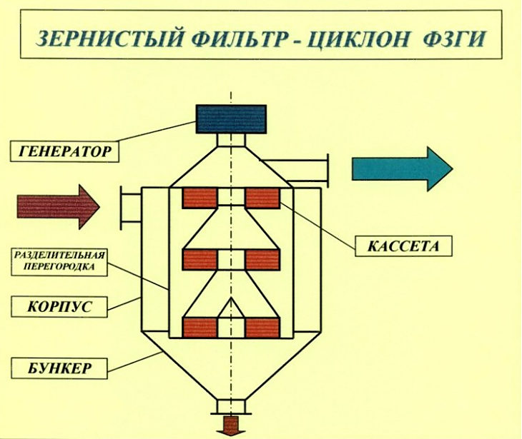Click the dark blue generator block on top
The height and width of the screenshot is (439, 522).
click(x=231, y=119)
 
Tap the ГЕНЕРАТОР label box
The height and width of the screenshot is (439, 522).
click(x=64, y=151)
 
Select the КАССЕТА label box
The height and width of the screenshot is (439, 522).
click(x=403, y=246)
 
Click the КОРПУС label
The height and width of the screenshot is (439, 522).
click(x=59, y=307)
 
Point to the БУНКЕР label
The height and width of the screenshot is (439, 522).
click(x=59, y=368)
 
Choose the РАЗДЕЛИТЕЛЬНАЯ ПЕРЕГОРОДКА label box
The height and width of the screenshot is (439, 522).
click(x=59, y=262)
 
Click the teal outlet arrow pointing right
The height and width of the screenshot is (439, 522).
click(x=402, y=169)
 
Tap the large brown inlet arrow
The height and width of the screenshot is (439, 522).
click(x=58, y=207)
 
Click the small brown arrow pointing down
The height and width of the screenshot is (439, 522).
click(x=231, y=425)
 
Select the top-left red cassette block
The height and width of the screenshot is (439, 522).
click(x=200, y=198)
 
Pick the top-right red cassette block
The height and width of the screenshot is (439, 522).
click(x=262, y=198)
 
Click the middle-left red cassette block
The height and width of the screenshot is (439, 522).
click(x=200, y=260)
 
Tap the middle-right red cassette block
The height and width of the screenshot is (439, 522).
click(x=262, y=260)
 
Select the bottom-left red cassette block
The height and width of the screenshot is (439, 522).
click(x=200, y=328)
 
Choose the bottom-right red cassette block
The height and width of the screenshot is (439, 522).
click(x=262, y=328)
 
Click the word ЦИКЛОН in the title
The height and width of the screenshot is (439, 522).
click(x=358, y=39)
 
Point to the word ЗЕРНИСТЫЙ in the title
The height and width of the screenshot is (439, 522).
click(x=109, y=39)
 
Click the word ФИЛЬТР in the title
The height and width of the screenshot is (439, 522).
click(x=237, y=39)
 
